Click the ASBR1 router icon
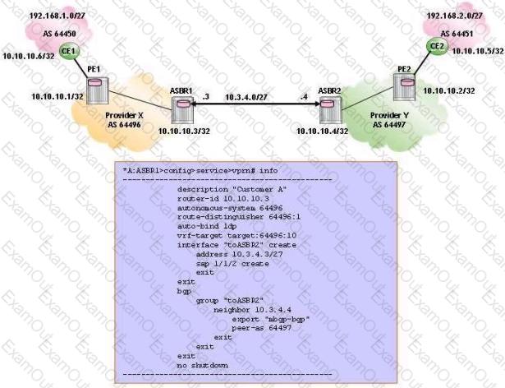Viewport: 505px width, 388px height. click(182, 108)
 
